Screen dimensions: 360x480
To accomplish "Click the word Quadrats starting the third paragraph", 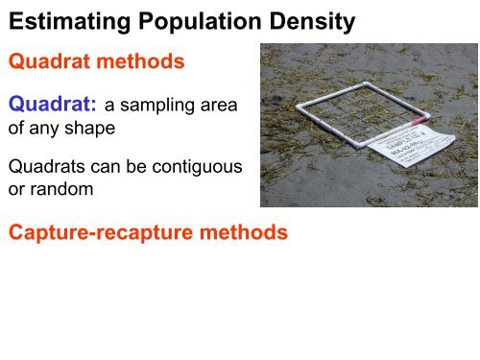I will tap(45, 167).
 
